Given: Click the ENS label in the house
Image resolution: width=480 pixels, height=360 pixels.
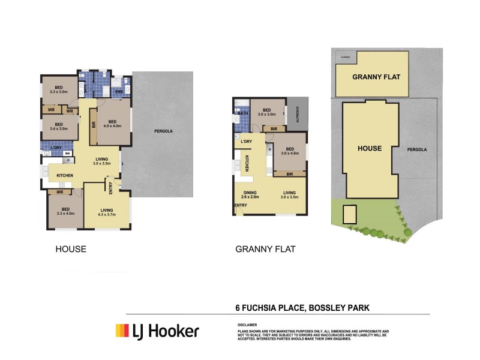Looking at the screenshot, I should point(119,91).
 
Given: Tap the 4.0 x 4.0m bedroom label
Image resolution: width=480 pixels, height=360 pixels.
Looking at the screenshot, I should point(113,126).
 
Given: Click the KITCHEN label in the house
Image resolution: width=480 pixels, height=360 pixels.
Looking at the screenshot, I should point(65,175).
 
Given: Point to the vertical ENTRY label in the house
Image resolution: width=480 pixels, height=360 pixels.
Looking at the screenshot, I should point(111,188).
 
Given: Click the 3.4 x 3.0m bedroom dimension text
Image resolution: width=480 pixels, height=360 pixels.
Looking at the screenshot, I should point(59,128).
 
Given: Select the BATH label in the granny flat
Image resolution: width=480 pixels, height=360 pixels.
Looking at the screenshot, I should point(243,113).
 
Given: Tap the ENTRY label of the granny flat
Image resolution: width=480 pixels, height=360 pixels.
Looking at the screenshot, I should point(241,206).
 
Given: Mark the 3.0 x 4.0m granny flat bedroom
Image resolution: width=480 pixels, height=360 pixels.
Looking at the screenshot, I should point(290,153).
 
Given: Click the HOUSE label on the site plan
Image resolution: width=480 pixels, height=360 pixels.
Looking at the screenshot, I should point(369,148).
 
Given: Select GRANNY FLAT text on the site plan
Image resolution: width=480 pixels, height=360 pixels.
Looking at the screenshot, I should point(376,77).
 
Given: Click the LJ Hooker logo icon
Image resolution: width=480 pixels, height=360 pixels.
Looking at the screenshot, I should point(122,331).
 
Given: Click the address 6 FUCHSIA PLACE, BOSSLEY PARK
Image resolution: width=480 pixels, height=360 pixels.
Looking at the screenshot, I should point(302,308).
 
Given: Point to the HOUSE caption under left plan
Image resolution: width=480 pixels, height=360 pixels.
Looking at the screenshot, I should point(71,249).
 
